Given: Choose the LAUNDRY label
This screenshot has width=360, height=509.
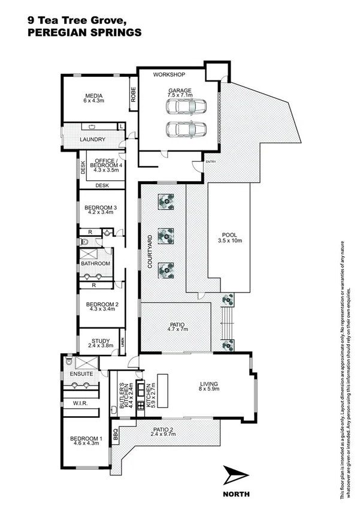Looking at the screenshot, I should (93, 140).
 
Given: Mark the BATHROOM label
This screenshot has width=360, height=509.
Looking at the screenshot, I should (96, 264).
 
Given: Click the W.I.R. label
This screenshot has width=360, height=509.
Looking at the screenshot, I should (81, 403).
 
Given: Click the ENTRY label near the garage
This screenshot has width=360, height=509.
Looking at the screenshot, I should (210, 162).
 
